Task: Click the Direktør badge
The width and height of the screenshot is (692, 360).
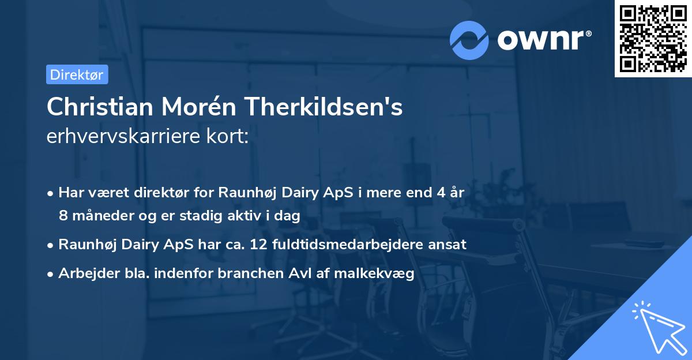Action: point(77,74)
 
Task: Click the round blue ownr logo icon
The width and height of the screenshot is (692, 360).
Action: point(469,40)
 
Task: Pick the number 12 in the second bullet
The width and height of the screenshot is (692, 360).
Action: point(257,244)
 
